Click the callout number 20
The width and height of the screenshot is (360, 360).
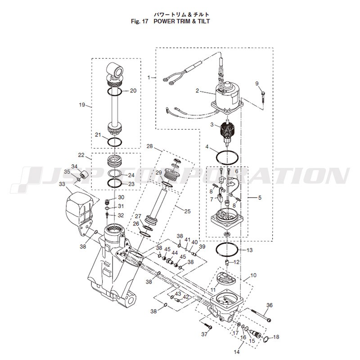133,91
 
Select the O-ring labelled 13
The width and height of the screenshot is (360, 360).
227,245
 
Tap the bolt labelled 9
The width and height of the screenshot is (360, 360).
263,96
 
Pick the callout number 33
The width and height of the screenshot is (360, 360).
62,184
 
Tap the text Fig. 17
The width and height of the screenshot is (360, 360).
140,21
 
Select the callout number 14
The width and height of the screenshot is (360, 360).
237,351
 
